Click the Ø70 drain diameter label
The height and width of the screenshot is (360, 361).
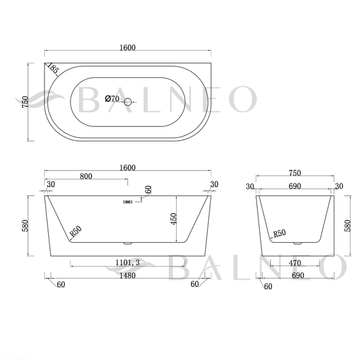click(x=112, y=99)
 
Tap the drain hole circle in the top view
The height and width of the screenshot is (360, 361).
click(x=127, y=102)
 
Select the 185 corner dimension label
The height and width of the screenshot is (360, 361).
click(x=53, y=69)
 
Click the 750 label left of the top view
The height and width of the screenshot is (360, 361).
click(x=25, y=102)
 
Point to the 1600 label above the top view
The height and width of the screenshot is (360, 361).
click(x=127, y=48)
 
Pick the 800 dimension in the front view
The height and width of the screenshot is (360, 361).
click(x=86, y=176)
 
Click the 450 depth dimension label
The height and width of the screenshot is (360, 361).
click(x=174, y=219)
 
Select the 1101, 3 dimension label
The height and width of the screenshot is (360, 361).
click(x=127, y=262)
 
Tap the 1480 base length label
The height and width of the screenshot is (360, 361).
click(x=127, y=275)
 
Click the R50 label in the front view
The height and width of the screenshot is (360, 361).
click(x=76, y=232)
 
